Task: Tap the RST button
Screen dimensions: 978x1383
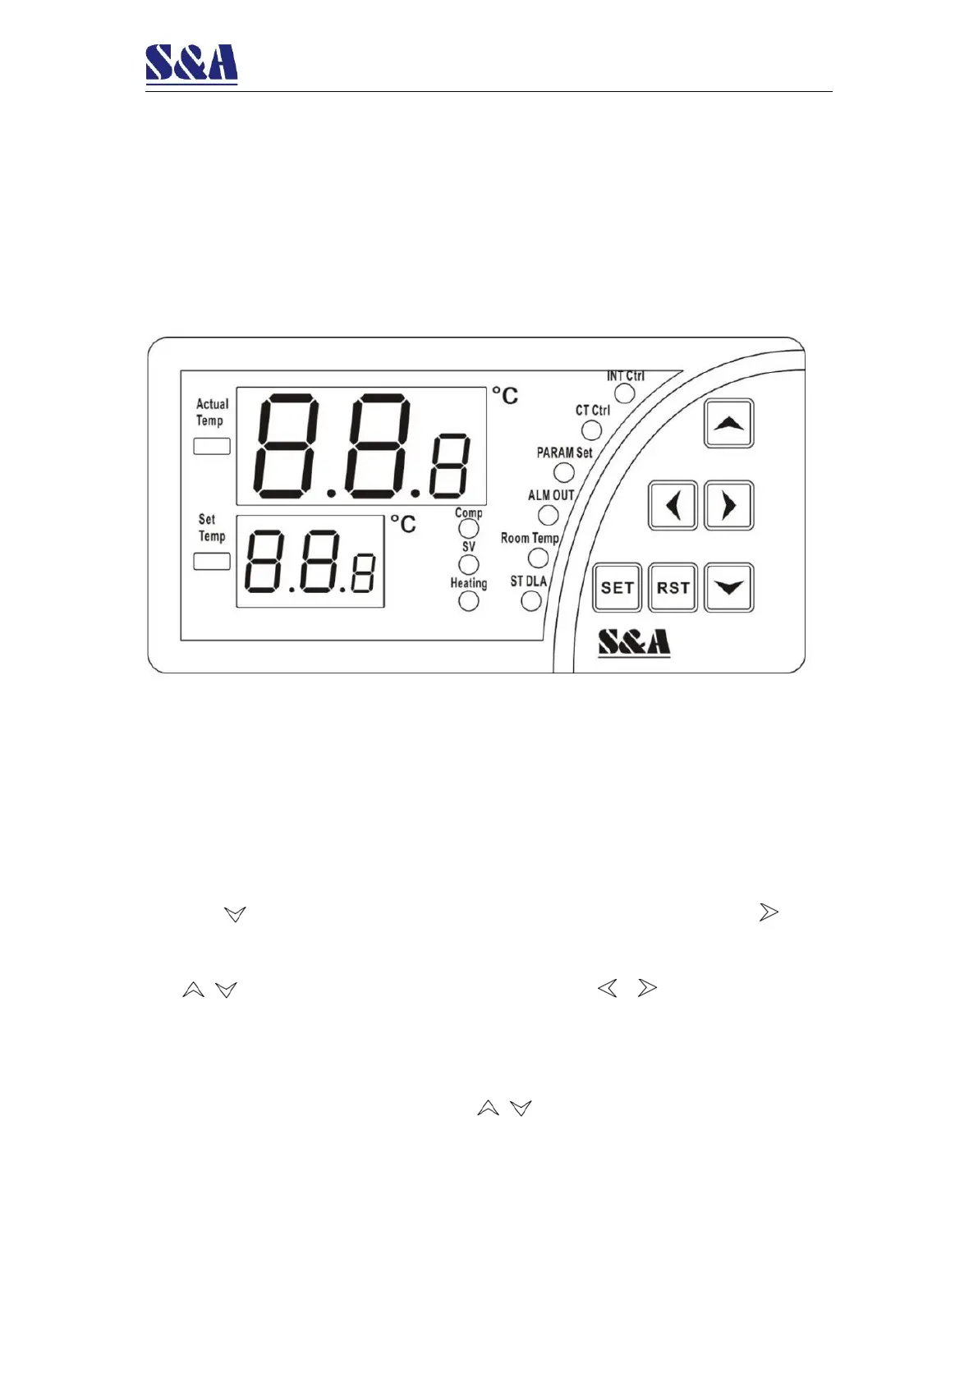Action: pyautogui.click(x=673, y=587)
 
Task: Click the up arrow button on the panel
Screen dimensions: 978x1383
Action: pyautogui.click(x=728, y=424)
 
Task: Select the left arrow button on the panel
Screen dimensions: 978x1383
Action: pyautogui.click(x=673, y=505)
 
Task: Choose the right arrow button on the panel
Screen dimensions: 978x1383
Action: pyautogui.click(x=728, y=505)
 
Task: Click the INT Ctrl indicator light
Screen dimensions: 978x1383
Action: pyautogui.click(x=625, y=393)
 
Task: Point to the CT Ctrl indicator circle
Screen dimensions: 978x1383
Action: pyautogui.click(x=591, y=430)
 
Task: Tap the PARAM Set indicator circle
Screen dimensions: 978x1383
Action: pyautogui.click(x=563, y=472)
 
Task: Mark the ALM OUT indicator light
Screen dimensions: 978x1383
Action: pyautogui.click(x=548, y=515)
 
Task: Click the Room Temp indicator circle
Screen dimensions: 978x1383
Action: pyautogui.click(x=538, y=558)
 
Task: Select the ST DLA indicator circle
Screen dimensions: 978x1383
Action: pyautogui.click(x=531, y=600)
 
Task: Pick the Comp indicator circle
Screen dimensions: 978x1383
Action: pyautogui.click(x=468, y=529)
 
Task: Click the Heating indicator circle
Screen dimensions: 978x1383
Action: pyautogui.click(x=468, y=600)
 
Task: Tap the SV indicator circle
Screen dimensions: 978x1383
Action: pyautogui.click(x=468, y=564)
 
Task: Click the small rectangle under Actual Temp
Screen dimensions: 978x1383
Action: pyautogui.click(x=211, y=446)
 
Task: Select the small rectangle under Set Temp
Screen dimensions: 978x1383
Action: pyautogui.click(x=211, y=562)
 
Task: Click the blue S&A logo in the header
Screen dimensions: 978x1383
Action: pyautogui.click(x=191, y=64)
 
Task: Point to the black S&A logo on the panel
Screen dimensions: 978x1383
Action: pyautogui.click(x=633, y=642)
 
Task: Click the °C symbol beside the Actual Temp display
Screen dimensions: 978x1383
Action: pyautogui.click(x=505, y=396)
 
